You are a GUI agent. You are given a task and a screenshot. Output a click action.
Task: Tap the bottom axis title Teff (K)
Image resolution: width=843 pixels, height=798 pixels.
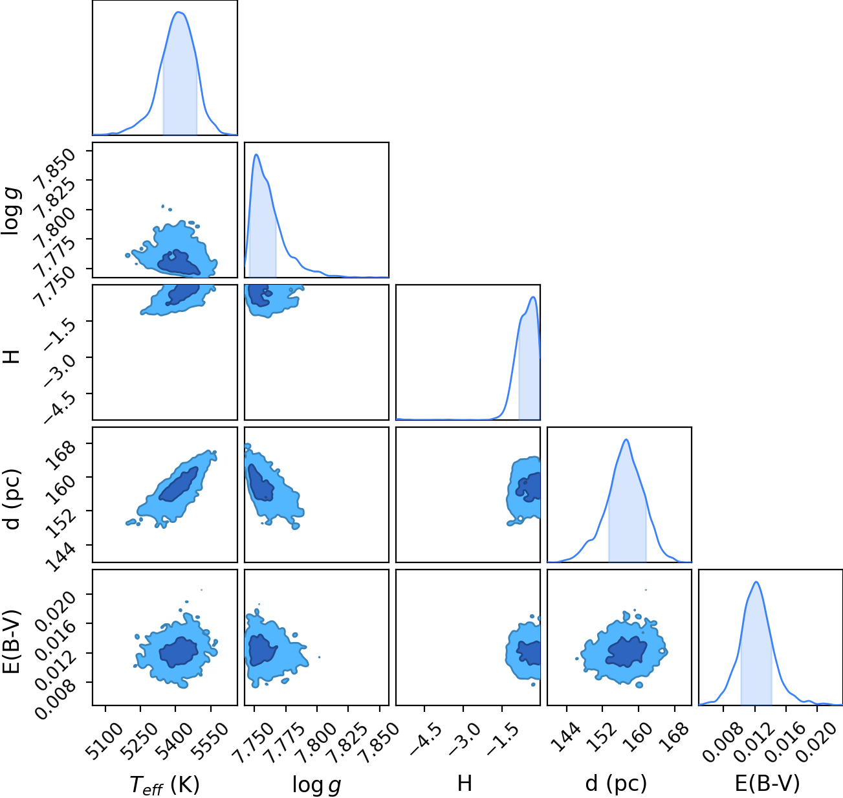pos(165,785)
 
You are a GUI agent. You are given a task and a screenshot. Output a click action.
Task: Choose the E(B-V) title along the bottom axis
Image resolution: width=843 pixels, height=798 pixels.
pos(767,784)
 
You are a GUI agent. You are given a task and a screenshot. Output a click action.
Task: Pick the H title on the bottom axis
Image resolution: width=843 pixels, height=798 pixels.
pos(465,783)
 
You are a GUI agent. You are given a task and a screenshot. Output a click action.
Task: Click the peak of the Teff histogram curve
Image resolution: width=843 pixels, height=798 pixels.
pos(179,12)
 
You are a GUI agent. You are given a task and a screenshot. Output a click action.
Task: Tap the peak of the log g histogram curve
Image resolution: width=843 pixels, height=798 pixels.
pos(256,155)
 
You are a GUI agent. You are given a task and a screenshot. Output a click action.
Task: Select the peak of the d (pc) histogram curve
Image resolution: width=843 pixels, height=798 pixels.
pos(626,439)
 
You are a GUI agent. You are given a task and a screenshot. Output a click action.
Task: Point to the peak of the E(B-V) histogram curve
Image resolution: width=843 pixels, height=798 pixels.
pos(756,582)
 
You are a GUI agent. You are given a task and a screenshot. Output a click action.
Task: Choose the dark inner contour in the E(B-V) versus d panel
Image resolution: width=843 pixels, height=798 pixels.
pos(626,651)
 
